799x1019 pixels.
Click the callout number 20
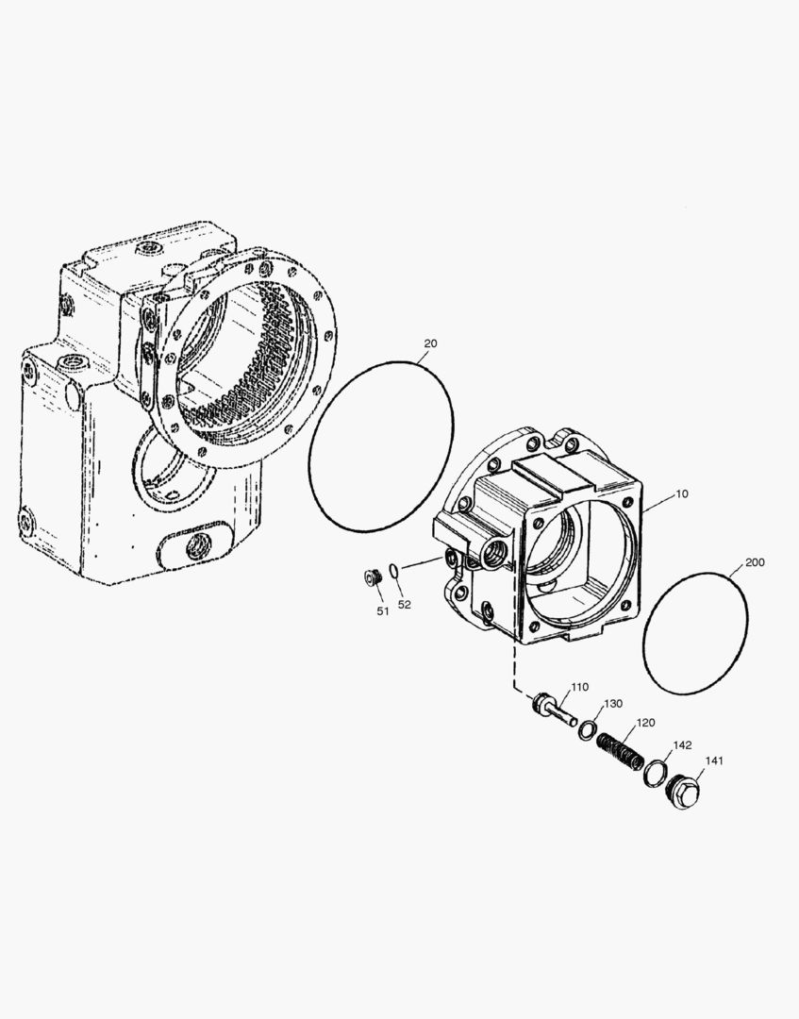pos(430,343)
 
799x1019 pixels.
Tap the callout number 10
pos(681,493)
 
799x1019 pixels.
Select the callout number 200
pos(755,562)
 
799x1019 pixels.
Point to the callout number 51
pos(383,610)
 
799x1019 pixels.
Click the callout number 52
pos(404,605)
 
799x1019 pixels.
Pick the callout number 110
pos(579,687)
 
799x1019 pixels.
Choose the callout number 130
pos(613,703)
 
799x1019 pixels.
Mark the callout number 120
pos(645,722)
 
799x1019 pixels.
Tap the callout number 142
pos(682,744)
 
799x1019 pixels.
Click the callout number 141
pos(714,760)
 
